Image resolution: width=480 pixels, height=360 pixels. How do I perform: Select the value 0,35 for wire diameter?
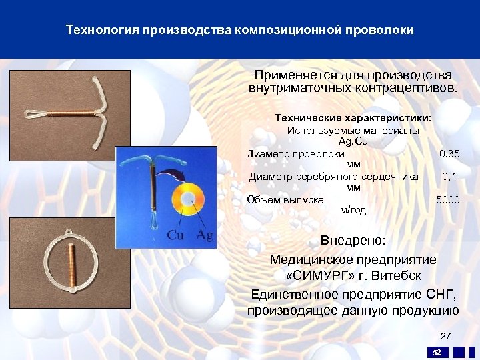pyautogui.click(x=449, y=154)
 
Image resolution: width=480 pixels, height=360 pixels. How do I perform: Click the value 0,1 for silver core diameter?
pyautogui.click(x=449, y=177)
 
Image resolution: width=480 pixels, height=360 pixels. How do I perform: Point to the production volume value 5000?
pyautogui.click(x=447, y=199)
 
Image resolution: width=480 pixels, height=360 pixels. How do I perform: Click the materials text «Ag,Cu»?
pyautogui.click(x=353, y=142)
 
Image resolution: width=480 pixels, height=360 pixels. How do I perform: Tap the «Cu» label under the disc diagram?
pyautogui.click(x=176, y=235)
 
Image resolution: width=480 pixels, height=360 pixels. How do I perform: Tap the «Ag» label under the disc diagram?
pyautogui.click(x=205, y=235)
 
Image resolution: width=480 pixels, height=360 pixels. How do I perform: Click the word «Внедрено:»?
pyautogui.click(x=353, y=240)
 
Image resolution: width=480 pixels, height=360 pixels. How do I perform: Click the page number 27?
pyautogui.click(x=445, y=335)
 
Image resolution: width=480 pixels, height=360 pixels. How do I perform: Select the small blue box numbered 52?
pyautogui.click(x=437, y=352)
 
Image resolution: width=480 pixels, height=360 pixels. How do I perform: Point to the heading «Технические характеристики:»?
pyautogui.click(x=353, y=117)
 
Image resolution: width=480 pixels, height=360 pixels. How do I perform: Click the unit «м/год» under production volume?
pyautogui.click(x=353, y=210)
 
